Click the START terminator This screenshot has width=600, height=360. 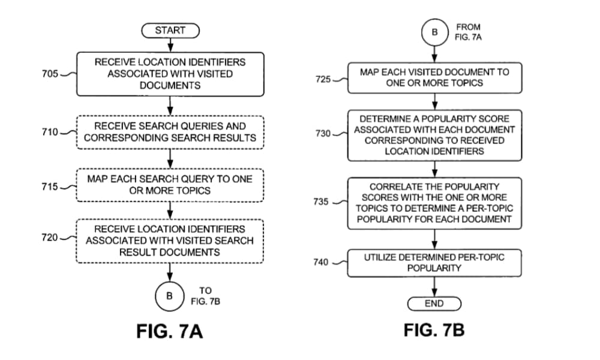point(170,30)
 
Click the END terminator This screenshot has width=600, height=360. point(434,304)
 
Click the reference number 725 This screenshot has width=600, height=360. point(323,79)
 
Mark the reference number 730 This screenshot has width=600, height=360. point(323,133)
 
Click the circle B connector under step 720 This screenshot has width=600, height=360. point(170,296)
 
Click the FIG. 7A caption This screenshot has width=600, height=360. point(170,331)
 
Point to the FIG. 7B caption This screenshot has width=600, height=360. point(434,330)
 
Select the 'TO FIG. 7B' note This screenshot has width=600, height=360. point(205,296)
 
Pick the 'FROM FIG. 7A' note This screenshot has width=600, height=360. point(468,32)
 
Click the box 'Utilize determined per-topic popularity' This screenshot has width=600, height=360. point(434,263)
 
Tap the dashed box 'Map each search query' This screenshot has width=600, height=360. point(170,185)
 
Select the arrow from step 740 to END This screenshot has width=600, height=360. point(434,287)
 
